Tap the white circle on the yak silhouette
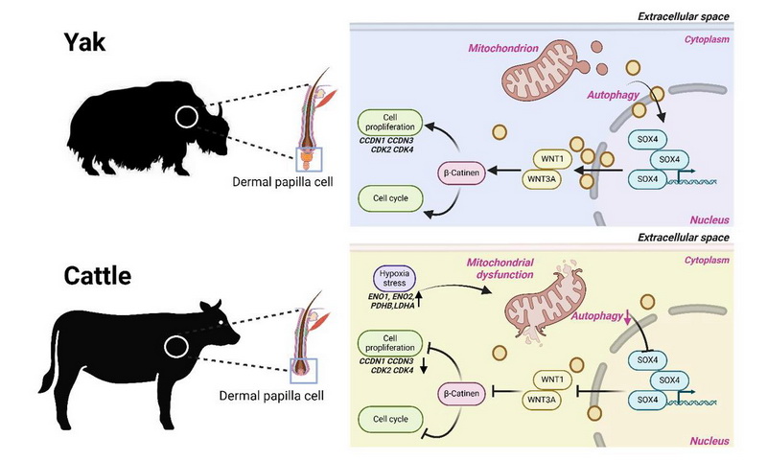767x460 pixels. pyautogui.click(x=187, y=118)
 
